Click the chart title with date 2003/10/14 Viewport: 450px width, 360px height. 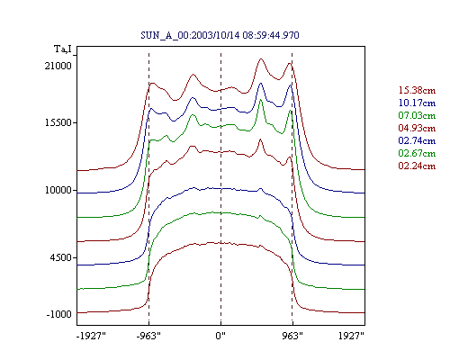tap(220, 35)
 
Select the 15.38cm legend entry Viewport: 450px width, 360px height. tap(417, 90)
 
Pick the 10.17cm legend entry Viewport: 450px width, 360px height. tap(417, 103)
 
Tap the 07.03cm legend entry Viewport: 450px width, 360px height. tap(417, 115)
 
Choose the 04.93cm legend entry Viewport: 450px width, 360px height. tap(417, 128)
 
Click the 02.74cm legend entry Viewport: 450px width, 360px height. tap(417, 140)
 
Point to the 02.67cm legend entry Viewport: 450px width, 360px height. tap(417, 153)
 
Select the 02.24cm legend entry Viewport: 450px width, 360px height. tap(417, 166)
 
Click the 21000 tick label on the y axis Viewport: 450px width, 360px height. tap(58, 66)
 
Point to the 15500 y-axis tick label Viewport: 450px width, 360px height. tap(58, 122)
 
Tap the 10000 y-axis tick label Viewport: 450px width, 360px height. tap(58, 190)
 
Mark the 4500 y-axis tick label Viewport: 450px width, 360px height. tap(61, 257)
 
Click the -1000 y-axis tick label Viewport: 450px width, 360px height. tap(59, 314)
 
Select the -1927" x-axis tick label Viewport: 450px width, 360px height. tap(91, 336)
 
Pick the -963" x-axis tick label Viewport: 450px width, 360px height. tap(148, 336)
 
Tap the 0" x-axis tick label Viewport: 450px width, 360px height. tap(220, 336)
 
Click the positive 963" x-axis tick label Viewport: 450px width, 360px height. tap(292, 336)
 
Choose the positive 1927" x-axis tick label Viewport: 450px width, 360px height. tap(351, 336)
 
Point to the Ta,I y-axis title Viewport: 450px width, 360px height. tap(63, 49)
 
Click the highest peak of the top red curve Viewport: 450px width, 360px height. tap(261, 58)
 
